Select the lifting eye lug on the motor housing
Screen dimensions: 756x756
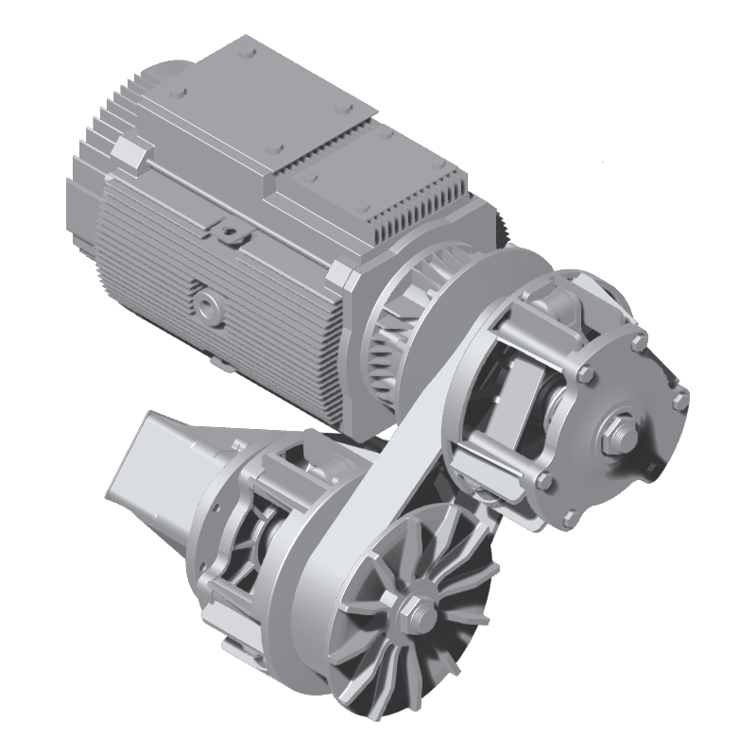click(228, 230)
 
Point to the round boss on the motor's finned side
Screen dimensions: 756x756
click(205, 303)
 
